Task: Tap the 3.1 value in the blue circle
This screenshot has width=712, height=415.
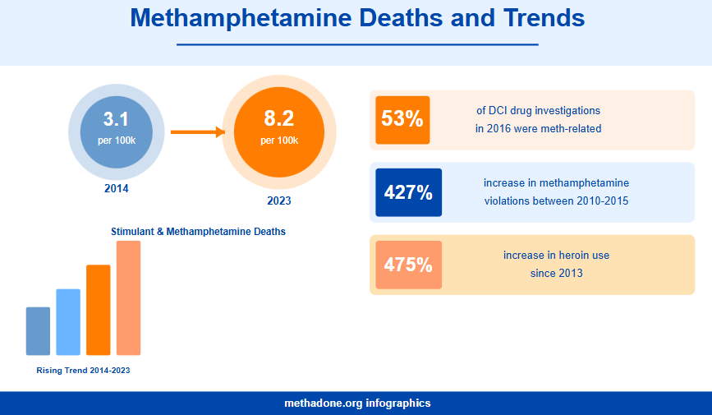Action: click(116, 118)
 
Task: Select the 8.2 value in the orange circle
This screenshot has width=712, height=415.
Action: click(278, 118)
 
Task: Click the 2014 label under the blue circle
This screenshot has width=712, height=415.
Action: click(116, 188)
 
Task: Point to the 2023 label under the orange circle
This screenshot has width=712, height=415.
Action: click(278, 201)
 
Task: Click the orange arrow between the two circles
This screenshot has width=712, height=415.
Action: click(197, 131)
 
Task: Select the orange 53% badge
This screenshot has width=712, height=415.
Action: click(402, 119)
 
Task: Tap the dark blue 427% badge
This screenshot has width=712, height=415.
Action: click(408, 193)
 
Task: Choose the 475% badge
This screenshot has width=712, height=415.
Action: click(408, 265)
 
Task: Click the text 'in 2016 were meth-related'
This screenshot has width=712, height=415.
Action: click(538, 128)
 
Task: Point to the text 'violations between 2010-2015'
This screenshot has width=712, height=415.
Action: click(556, 201)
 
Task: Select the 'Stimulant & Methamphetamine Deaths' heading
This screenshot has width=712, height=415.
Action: click(198, 232)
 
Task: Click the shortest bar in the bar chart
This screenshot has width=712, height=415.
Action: click(38, 331)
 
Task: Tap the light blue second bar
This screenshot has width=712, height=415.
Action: click(68, 322)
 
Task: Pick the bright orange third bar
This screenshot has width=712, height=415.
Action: click(98, 310)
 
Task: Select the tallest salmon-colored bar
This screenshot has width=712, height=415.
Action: click(128, 297)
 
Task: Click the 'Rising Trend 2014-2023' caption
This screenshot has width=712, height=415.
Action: click(83, 371)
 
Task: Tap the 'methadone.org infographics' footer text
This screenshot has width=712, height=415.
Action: click(356, 403)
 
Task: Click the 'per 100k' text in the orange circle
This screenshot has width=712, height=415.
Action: click(278, 141)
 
